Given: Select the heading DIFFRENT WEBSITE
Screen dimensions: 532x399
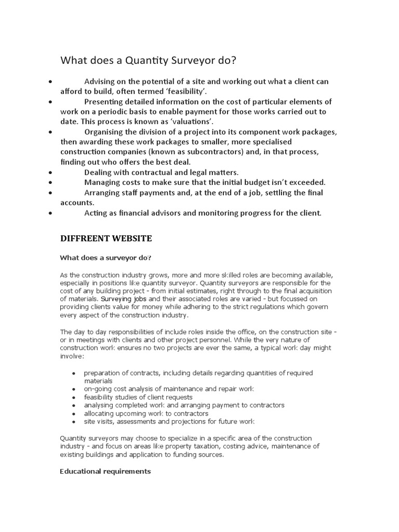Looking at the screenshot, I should [106, 238].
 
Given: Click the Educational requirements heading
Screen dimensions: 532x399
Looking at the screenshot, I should [105, 472].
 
